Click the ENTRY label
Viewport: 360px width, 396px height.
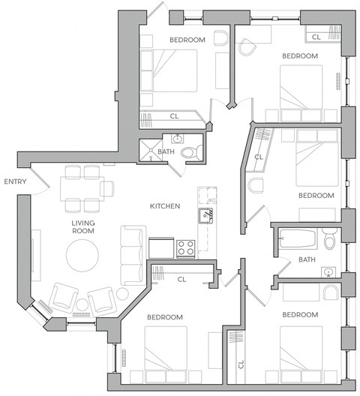tap(16, 181)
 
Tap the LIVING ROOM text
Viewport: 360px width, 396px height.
tap(82, 226)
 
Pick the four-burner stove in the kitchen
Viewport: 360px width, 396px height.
tap(186, 247)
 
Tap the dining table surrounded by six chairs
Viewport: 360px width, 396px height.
tap(82, 187)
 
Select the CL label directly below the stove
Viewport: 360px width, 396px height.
tap(181, 280)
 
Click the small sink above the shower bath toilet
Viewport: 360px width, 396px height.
tap(178, 138)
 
